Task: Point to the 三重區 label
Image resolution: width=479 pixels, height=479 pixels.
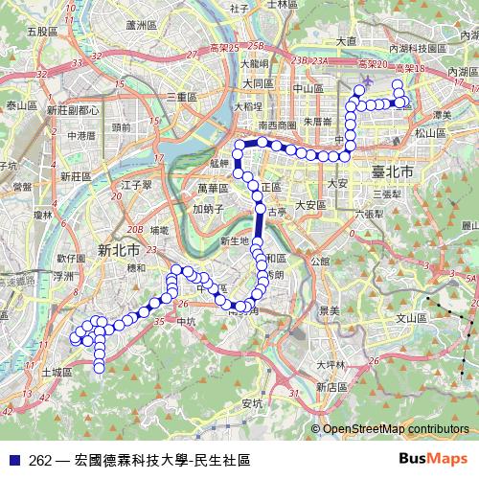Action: pos(181,98)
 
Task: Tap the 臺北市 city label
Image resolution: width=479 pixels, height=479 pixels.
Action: pos(391,172)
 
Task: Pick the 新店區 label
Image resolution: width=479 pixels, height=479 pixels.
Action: pos(331,386)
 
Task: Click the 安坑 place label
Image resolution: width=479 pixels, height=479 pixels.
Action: pos(252,402)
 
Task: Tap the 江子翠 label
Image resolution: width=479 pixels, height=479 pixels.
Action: pos(138,183)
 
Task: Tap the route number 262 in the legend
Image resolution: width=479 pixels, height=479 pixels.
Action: pos(40,461)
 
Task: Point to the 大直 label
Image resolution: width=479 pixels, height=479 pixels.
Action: pos(346,40)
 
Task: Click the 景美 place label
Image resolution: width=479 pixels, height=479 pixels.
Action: pos(329,310)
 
